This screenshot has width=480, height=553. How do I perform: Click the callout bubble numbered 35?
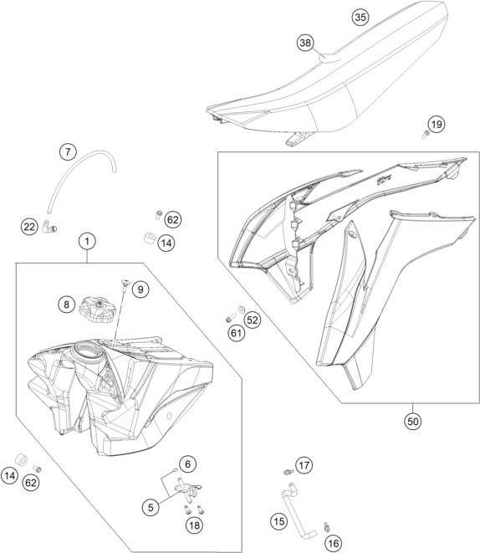(360, 17)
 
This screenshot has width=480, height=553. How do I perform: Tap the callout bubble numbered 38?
(305, 43)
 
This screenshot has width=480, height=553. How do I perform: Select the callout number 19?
(437, 124)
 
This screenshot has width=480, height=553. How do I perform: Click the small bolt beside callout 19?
(425, 134)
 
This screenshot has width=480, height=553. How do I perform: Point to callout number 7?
(68, 152)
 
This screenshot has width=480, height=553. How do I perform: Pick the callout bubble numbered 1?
(87, 241)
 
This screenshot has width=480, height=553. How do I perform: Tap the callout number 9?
(140, 289)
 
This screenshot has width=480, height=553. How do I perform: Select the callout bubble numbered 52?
(253, 320)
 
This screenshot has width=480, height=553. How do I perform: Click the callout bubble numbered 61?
(236, 333)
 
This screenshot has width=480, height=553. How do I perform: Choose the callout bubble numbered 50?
(413, 421)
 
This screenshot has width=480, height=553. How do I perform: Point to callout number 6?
(187, 464)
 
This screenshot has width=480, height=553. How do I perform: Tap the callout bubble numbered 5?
(151, 508)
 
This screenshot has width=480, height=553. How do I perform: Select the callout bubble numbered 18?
(194, 526)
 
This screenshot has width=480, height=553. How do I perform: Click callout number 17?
(304, 465)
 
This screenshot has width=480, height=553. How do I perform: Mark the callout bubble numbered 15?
(278, 521)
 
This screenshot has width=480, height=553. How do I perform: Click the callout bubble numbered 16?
(333, 544)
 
